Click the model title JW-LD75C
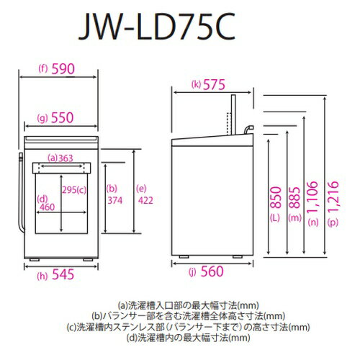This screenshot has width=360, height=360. (157, 27)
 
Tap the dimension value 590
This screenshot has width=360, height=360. (63, 69)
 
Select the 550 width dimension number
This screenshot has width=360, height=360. (63, 117)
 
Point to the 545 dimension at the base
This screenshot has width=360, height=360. (63, 274)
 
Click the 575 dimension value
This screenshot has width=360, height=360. (214, 85)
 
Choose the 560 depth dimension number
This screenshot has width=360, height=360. (212, 271)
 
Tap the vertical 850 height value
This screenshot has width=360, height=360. (276, 197)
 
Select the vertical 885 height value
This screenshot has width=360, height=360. (294, 197)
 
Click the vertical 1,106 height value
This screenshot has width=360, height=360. (312, 197)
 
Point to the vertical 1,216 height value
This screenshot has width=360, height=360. (333, 197)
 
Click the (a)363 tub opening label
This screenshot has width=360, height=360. (60, 158)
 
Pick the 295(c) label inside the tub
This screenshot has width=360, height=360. (74, 190)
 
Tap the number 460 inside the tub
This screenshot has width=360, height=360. (48, 207)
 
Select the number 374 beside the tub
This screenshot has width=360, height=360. (114, 200)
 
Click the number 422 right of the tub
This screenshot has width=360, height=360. (145, 200)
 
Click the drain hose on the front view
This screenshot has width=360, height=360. (21, 192)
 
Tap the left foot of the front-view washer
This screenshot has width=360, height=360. (35, 260)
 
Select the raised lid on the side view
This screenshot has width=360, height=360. (233, 114)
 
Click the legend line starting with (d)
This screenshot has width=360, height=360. (188, 338)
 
